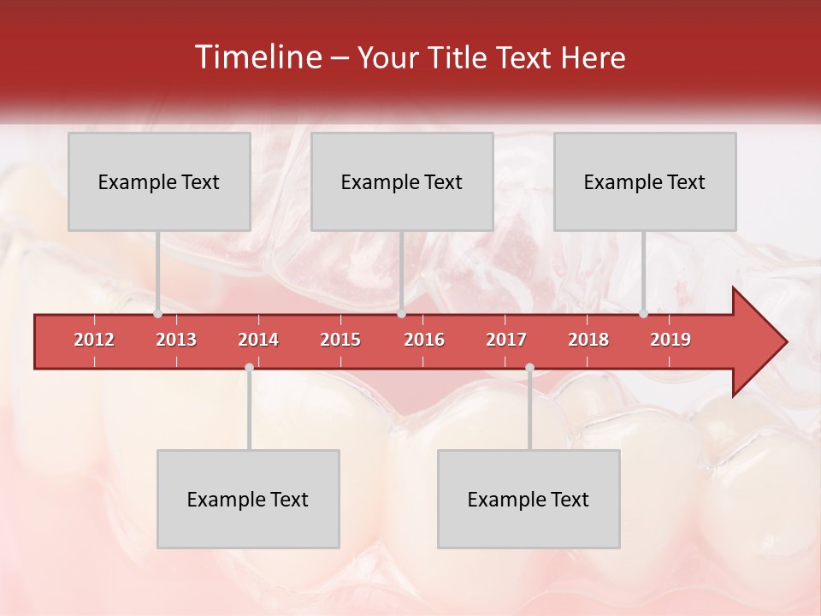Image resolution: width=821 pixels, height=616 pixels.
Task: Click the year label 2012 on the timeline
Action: [94, 340]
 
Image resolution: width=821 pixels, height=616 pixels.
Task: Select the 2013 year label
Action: [176, 340]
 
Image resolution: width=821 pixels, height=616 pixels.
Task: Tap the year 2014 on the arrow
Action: [258, 340]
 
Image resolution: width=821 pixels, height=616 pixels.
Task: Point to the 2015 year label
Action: [340, 340]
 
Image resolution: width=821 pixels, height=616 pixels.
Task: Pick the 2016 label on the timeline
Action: [424, 340]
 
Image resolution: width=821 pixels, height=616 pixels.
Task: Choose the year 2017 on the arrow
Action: [506, 340]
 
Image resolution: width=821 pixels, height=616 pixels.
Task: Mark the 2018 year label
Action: [588, 340]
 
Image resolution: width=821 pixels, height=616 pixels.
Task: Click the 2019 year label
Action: [670, 340]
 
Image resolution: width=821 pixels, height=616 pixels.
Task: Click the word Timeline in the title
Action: [257, 57]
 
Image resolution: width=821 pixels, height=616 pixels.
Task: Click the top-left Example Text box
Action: [159, 181]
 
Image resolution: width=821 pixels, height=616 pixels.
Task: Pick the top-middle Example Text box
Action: [402, 181]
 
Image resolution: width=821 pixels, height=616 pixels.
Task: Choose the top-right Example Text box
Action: [645, 181]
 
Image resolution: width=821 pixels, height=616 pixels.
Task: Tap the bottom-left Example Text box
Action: [248, 499]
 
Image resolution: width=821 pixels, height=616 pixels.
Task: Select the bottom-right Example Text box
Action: [529, 499]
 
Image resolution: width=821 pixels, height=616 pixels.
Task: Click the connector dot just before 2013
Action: [158, 314]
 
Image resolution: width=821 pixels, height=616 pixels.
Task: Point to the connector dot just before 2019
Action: [644, 314]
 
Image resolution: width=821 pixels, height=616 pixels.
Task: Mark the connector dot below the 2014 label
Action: [249, 368]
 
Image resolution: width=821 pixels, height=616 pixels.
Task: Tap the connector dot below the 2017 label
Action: [529, 368]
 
